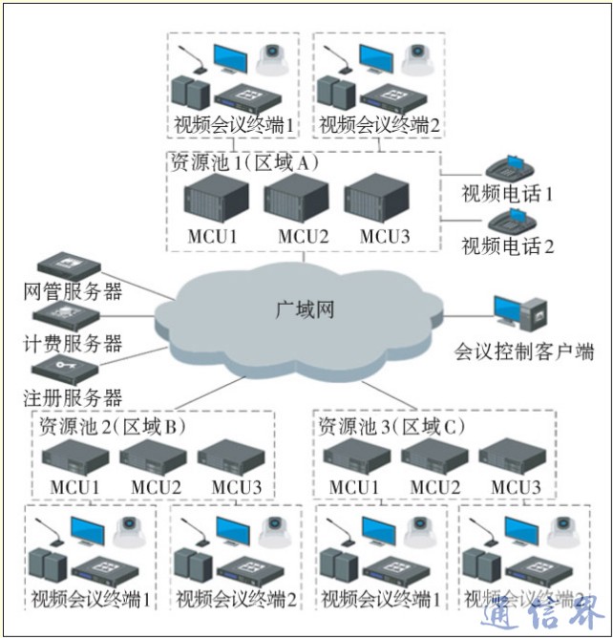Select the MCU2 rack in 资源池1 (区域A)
(296, 199)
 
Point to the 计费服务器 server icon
(65, 316)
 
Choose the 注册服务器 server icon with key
(65, 369)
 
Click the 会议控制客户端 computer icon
(520, 315)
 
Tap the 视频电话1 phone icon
(511, 168)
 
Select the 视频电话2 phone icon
(511, 223)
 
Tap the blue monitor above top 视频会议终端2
(376, 64)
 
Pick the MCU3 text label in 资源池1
(380, 235)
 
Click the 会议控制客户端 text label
(523, 351)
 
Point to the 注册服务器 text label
(73, 396)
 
